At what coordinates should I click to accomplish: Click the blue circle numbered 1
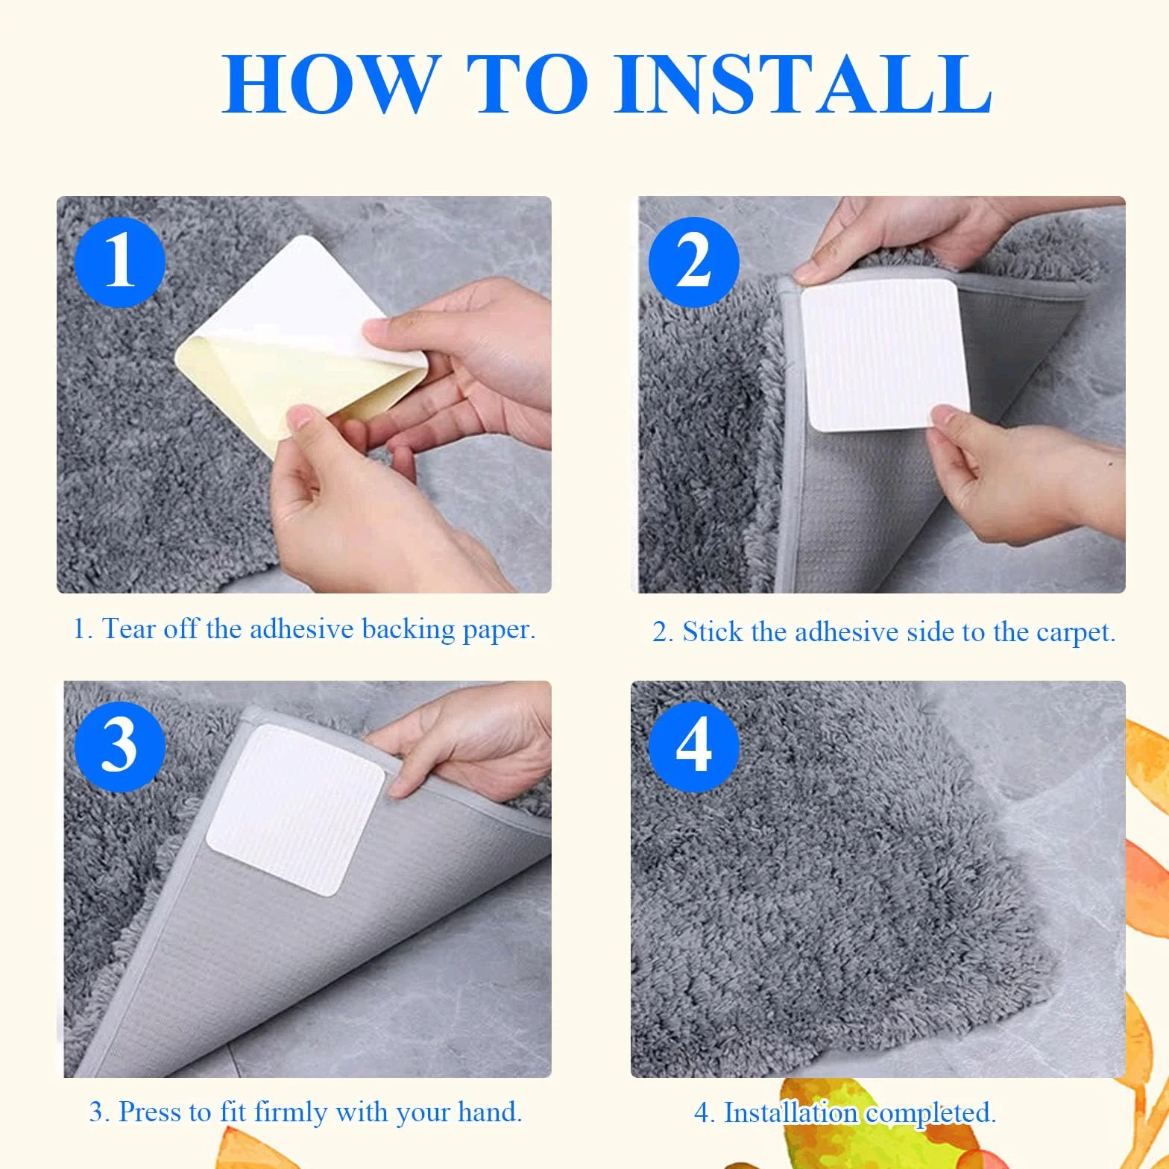(x=119, y=262)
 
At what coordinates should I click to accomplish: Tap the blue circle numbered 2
(x=693, y=262)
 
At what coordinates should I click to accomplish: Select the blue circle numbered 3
(x=119, y=746)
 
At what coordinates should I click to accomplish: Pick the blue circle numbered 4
(x=693, y=746)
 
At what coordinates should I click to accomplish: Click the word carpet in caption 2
(x=1076, y=633)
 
